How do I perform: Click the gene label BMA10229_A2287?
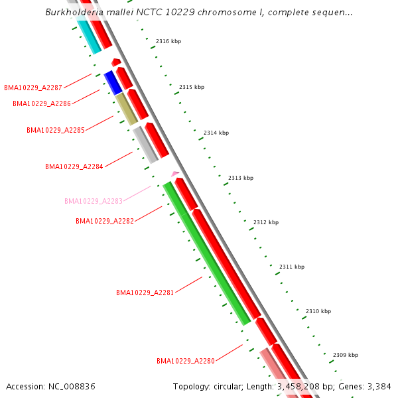(33, 88)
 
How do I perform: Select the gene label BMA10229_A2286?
(42, 103)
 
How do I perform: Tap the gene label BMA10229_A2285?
(56, 130)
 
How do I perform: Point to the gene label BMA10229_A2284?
(74, 166)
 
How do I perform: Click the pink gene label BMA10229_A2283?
(93, 201)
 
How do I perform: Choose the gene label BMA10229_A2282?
(105, 221)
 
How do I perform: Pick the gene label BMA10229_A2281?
(145, 293)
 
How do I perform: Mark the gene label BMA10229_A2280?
(186, 361)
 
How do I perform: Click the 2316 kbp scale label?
(168, 41)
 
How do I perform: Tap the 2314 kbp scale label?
(216, 133)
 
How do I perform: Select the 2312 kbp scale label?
(266, 222)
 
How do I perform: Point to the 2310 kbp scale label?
(318, 311)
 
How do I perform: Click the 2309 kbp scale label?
(346, 355)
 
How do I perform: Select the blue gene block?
(113, 82)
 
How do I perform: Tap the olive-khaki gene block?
(126, 109)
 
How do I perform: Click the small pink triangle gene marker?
(175, 174)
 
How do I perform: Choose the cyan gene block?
(88, 36)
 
